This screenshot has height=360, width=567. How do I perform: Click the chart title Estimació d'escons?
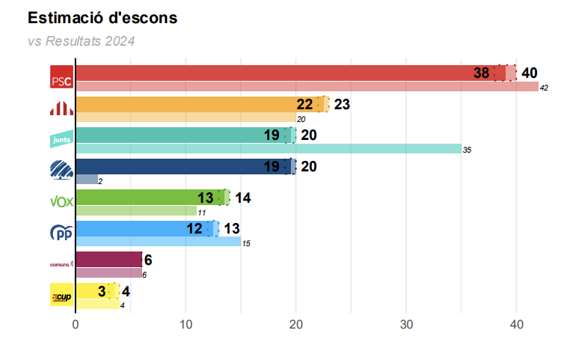click(102, 17)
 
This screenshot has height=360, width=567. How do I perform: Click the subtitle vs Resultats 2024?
click(81, 41)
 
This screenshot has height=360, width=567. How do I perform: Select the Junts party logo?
click(61, 138)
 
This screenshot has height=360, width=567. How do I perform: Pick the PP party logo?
click(61, 233)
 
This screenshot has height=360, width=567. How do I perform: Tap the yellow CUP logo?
click(61, 295)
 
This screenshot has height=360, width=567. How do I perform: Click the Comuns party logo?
click(60, 263)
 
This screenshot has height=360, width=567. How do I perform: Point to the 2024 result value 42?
click(544, 88)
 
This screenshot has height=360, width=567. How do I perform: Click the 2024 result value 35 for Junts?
click(467, 150)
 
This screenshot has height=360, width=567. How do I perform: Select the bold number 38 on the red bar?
click(481, 73)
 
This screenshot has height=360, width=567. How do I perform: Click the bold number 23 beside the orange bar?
click(342, 104)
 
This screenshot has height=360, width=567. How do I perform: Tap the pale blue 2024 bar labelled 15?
click(158, 242)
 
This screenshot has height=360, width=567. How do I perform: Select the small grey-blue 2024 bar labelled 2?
click(87, 180)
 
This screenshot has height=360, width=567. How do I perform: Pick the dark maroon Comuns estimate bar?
click(108, 259)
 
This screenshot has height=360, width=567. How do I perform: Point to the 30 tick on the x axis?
click(406, 324)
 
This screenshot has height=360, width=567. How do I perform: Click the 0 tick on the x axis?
click(76, 324)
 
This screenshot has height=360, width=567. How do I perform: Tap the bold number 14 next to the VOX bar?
click(242, 198)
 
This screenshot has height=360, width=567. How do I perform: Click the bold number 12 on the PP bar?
click(194, 228)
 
